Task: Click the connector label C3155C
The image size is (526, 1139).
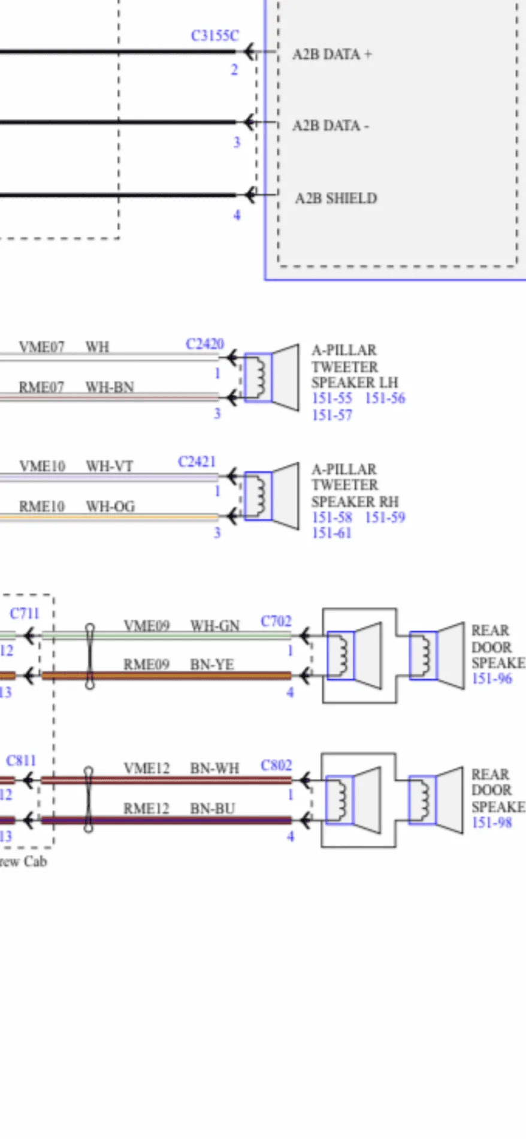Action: click(214, 36)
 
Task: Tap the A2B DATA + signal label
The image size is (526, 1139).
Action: click(332, 55)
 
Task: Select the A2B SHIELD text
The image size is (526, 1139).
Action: click(336, 198)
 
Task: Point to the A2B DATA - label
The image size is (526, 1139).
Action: click(331, 126)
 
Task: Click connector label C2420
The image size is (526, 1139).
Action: click(204, 344)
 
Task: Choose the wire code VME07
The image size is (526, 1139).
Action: click(41, 347)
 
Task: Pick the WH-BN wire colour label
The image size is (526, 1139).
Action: click(110, 387)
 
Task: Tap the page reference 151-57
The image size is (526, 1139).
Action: click(332, 415)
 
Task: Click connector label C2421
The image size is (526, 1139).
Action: click(197, 462)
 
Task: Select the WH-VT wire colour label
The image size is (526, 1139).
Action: click(110, 466)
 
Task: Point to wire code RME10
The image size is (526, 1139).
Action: click(41, 507)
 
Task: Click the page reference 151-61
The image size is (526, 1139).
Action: click(331, 533)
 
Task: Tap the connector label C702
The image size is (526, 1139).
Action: click(276, 622)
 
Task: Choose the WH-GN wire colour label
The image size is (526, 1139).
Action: click(214, 626)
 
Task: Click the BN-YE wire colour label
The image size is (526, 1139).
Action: click(211, 665)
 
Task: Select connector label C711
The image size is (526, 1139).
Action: click(25, 614)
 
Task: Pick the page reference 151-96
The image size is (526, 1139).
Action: click(492, 679)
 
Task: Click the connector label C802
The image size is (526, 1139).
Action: click(276, 766)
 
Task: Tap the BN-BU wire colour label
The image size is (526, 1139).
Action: click(212, 809)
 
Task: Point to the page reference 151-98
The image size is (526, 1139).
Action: click(492, 822)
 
